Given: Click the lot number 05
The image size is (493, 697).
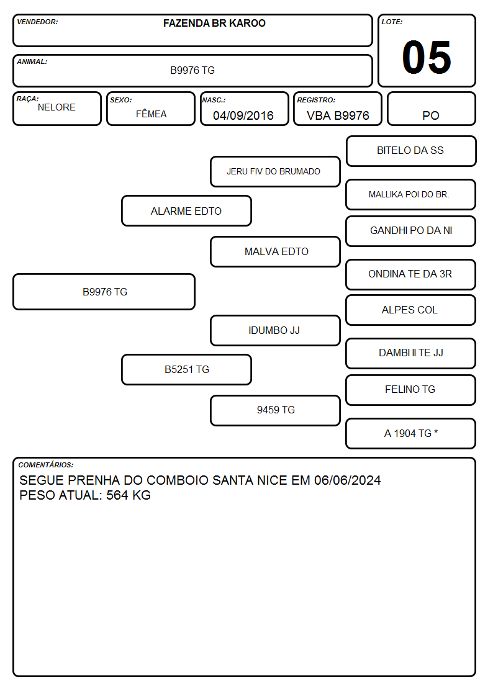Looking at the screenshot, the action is coord(427,57).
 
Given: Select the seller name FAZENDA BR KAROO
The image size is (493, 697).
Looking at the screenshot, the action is coord(214,23).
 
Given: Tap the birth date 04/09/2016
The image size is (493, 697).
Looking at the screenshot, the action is coord(243,115).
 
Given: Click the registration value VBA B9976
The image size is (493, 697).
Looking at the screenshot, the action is coord(338,115).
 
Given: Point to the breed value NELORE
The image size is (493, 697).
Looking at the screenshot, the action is coord(57,107).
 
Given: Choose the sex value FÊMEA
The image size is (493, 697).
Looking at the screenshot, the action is coord(151,114).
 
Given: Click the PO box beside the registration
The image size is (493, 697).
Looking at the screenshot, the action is coord(431,109).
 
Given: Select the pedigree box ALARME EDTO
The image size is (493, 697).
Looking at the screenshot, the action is coord(186,210).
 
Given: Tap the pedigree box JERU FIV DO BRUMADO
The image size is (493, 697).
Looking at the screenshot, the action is coord(275,171).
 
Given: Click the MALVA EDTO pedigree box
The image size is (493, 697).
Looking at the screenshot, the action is coord(275,251).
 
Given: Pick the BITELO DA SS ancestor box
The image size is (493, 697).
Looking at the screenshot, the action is coord(411,151).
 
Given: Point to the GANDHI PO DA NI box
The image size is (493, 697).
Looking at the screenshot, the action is coord(411,231).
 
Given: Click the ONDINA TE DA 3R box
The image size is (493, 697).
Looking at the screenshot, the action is coord(411,275).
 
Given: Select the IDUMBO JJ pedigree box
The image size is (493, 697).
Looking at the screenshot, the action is coord(275,331).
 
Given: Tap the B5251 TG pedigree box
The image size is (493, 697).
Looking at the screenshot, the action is coord(186,369).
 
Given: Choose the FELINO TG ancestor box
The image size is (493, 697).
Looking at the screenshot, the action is coord(411,390).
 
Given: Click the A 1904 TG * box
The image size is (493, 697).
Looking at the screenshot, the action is coord(411,433).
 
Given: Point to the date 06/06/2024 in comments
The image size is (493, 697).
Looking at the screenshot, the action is coord(347,480).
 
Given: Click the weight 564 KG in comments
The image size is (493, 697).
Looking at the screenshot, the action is coord(129,495).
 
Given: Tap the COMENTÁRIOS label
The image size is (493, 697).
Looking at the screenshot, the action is coord(46,465).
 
